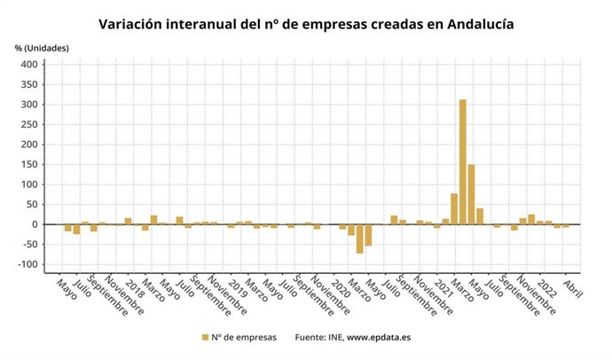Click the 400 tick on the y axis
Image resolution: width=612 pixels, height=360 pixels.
[29, 65]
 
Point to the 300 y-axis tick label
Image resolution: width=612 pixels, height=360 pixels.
[29, 105]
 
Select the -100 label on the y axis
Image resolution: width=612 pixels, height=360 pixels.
[27, 265]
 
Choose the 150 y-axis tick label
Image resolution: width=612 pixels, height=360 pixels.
[29, 165]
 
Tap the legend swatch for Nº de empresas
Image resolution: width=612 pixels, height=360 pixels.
[205, 337]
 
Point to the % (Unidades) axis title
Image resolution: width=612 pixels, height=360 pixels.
[41, 46]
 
